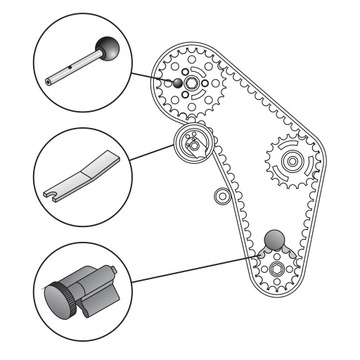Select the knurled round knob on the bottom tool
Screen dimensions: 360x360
(x=57, y=299)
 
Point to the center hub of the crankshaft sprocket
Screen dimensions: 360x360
(x=274, y=273)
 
